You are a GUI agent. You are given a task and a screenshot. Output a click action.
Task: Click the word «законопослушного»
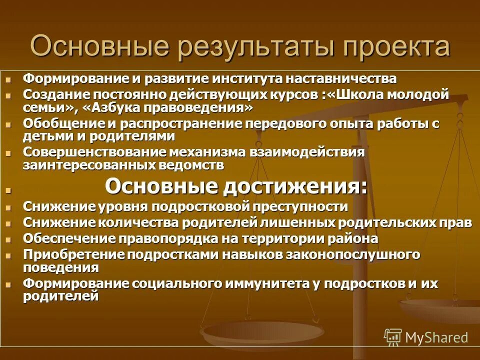352,254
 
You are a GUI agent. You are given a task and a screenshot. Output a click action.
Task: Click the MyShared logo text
436,337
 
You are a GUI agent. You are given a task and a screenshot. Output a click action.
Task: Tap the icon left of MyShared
393,337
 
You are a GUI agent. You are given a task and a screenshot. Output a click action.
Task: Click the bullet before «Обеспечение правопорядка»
7,239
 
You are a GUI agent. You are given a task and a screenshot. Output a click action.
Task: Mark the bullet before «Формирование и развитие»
7,79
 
